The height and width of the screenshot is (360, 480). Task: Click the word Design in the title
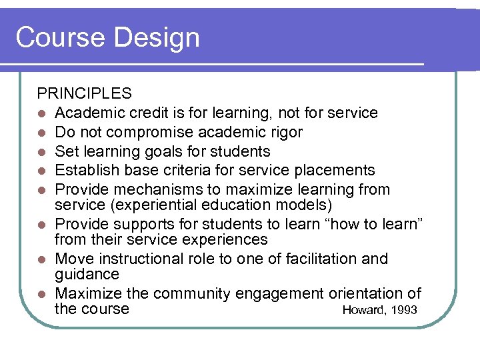(x=157, y=37)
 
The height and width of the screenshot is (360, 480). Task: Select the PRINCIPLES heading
(x=84, y=93)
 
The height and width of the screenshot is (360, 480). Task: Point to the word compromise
(x=157, y=132)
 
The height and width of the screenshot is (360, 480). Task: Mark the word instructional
(x=151, y=259)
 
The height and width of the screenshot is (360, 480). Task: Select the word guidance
(x=87, y=275)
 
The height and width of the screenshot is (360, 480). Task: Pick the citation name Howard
(x=363, y=310)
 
